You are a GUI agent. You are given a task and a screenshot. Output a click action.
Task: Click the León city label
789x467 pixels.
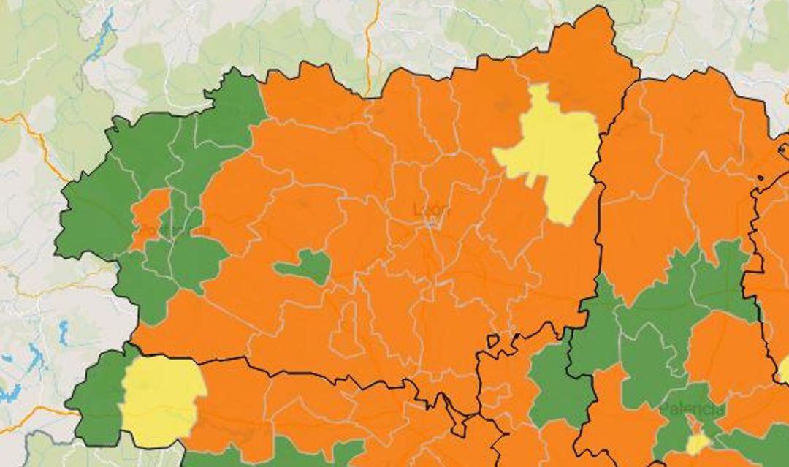click(x=431, y=210)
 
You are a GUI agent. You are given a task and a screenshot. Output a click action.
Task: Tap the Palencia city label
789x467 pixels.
click(x=693, y=409)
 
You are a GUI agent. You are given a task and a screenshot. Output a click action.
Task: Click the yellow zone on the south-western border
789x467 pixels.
click(x=161, y=400)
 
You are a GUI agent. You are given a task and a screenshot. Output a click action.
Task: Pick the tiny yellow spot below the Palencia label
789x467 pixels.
click(x=698, y=443)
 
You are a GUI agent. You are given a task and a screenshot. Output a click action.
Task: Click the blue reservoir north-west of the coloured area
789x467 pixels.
click(x=103, y=37)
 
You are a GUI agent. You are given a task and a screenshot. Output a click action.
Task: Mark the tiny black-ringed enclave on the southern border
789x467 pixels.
click(x=494, y=341)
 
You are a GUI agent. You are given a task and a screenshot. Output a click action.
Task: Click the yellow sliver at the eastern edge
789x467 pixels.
click(x=785, y=370)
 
